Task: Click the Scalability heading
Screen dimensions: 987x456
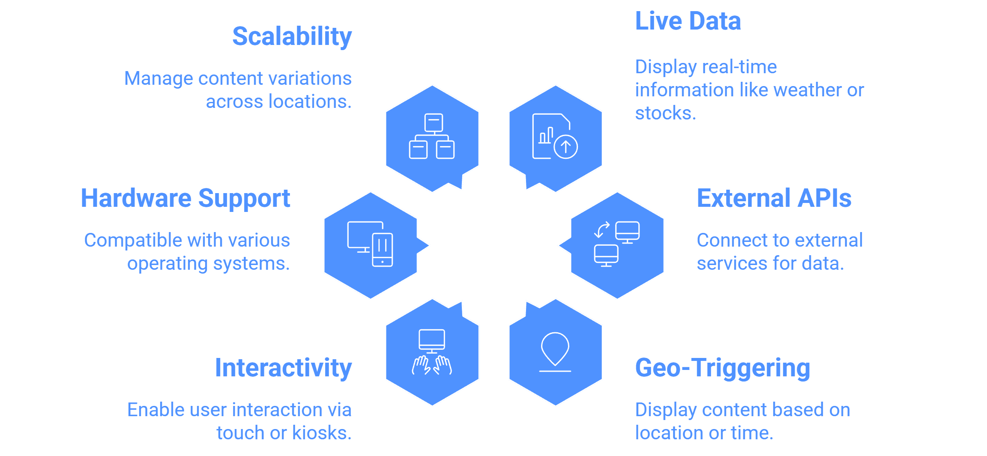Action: pos(292,37)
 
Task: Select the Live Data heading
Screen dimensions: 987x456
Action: pos(688,21)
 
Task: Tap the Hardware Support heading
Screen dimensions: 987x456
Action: pos(185,199)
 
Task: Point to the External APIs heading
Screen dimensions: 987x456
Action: pos(774,198)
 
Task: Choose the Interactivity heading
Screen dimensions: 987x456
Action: pos(283,368)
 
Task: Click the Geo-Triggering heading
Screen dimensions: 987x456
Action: pos(723,368)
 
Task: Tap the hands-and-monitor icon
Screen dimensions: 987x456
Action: pos(432,352)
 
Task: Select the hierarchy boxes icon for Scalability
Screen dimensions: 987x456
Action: pos(432,136)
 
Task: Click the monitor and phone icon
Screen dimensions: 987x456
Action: pos(370,244)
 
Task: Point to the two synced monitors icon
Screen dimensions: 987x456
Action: pos(617,244)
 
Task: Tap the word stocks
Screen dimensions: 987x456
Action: pos(666,113)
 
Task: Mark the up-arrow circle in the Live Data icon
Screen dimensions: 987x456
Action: pos(565,147)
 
